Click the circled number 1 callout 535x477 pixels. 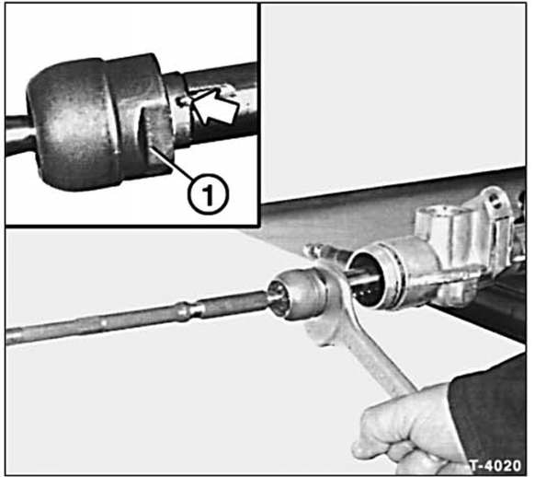(208, 194)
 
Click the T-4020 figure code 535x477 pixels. (495, 465)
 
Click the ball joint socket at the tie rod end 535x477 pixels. (295, 293)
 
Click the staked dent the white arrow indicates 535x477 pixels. (183, 100)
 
